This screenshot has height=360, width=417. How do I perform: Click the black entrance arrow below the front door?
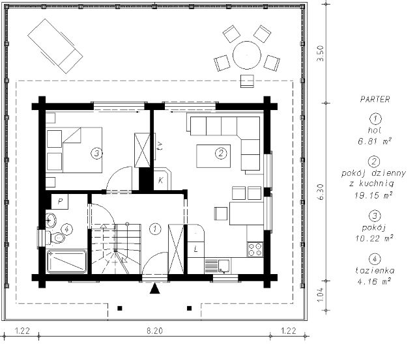(155, 288)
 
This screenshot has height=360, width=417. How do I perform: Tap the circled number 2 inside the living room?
(221, 153)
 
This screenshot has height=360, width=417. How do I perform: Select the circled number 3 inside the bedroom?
(96, 153)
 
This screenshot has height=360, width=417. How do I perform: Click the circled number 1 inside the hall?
(155, 228)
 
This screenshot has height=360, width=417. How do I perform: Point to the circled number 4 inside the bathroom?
(66, 229)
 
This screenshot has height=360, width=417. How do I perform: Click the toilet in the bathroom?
(55, 238)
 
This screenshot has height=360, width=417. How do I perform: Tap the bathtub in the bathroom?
(66, 262)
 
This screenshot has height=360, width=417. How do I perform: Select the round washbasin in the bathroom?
(51, 221)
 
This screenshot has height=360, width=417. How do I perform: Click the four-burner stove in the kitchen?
(255, 249)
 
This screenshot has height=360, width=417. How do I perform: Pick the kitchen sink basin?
(224, 266)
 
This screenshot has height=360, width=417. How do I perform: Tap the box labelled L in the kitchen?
(195, 249)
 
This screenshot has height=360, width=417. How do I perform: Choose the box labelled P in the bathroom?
(60, 201)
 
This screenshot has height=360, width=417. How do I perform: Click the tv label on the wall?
(160, 146)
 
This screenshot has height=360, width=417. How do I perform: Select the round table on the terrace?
(247, 55)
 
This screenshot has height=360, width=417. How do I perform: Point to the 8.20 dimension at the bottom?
(155, 331)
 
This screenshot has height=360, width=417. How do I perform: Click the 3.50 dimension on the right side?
(321, 53)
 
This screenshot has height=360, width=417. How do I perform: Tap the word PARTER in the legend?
(375, 100)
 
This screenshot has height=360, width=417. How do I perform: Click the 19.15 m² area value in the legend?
(373, 195)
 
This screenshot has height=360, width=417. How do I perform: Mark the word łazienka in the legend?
(375, 271)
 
